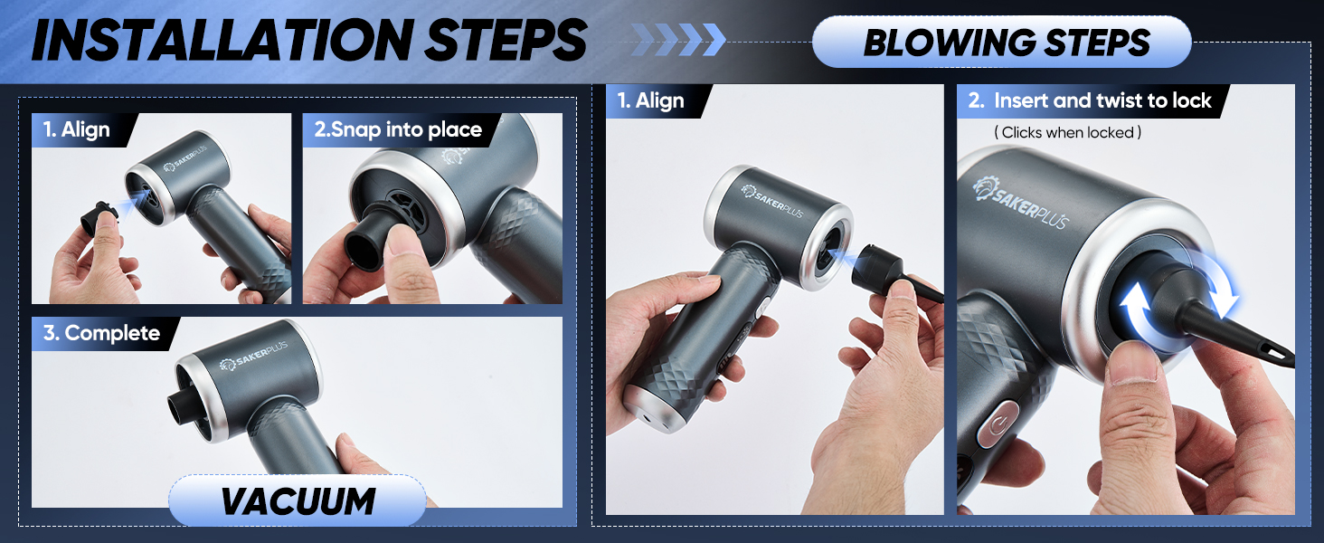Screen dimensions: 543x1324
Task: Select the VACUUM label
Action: pos(298,501)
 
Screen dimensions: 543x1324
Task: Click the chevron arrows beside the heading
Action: pos(678,39)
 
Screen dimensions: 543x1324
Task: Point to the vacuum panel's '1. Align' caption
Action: pos(85,130)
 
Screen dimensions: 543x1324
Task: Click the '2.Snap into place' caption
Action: pos(397,130)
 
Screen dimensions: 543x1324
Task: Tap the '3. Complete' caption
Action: pos(101,333)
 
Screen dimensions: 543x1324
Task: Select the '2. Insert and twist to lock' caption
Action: pos(1089,101)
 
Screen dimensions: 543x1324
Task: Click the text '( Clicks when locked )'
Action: pos(1067,133)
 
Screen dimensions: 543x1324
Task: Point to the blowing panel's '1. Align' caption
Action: pos(652,101)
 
